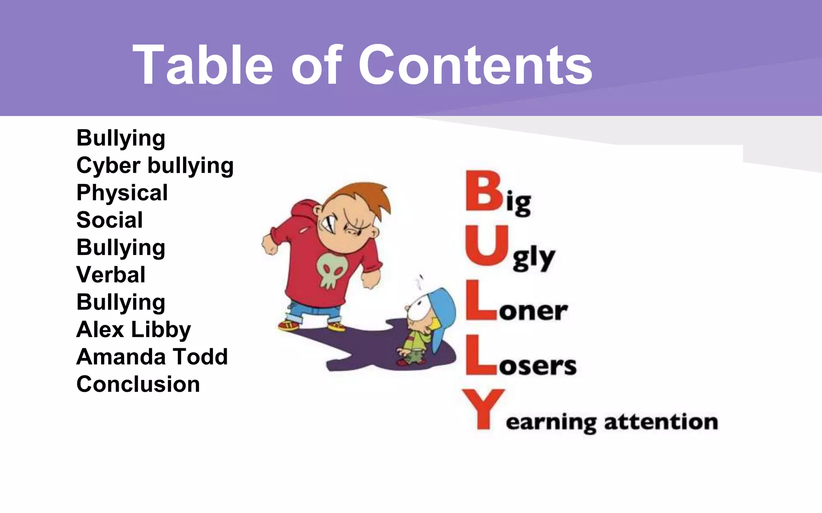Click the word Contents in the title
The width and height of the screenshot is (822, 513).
(475, 65)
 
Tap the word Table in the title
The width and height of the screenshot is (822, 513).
(203, 65)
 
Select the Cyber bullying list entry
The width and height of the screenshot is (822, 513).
(155, 166)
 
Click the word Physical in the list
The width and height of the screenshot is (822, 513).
(122, 193)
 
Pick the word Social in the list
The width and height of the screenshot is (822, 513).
(110, 220)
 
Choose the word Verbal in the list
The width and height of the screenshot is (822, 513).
(111, 275)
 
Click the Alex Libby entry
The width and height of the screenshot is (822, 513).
(133, 330)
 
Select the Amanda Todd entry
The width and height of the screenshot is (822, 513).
(152, 357)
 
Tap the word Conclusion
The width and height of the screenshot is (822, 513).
(138, 384)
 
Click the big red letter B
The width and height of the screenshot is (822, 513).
(484, 191)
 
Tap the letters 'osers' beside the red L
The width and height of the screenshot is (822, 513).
(537, 366)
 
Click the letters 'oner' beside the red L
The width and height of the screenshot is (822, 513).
(533, 311)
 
